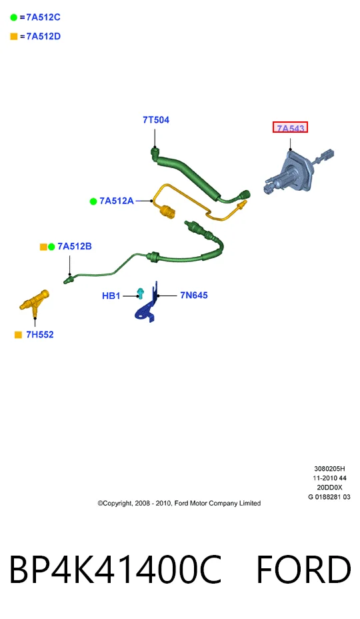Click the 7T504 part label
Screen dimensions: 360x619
coord(156,120)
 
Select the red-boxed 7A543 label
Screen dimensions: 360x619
coord(290,128)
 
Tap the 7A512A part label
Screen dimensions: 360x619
coord(117,201)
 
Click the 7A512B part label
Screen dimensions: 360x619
coord(75,246)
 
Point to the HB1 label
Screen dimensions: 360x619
coord(111,295)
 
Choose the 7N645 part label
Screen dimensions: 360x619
coord(194,295)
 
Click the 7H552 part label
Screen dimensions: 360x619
coord(40,335)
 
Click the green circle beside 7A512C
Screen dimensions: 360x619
coord(14,17)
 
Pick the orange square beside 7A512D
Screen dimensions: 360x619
coord(14,36)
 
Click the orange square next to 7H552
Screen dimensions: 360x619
coord(18,335)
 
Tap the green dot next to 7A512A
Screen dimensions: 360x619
coord(93,201)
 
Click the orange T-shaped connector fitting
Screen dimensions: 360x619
coord(35,303)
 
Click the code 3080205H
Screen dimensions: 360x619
coord(329,469)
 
